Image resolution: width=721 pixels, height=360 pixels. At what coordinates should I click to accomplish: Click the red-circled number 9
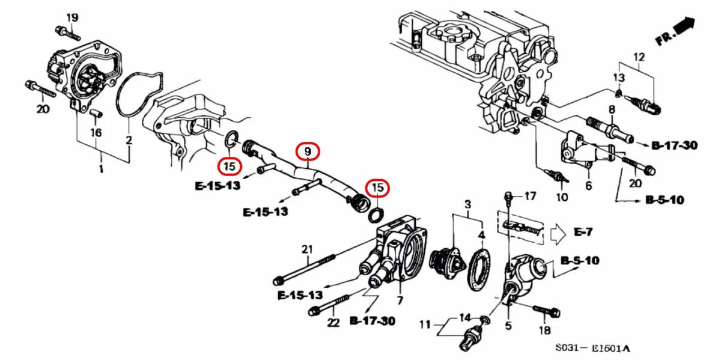pos(307,152)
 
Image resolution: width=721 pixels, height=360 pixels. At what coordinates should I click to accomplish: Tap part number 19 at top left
pos(71,17)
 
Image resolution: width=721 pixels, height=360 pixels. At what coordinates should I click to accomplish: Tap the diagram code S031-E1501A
pos(592,348)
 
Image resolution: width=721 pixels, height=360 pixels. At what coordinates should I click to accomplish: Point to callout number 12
pos(638,57)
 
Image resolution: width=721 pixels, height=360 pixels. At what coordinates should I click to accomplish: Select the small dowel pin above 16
pos(96,112)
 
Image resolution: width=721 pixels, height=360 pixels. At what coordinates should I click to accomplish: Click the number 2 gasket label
pos(129,141)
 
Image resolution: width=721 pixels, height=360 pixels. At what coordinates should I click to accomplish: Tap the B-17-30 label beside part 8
pos(674,145)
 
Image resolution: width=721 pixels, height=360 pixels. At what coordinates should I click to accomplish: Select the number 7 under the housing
pos(399,300)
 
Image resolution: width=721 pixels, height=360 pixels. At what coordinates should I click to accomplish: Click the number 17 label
pos(529,196)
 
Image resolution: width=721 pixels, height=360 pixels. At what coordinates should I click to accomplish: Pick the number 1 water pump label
pos(101,170)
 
